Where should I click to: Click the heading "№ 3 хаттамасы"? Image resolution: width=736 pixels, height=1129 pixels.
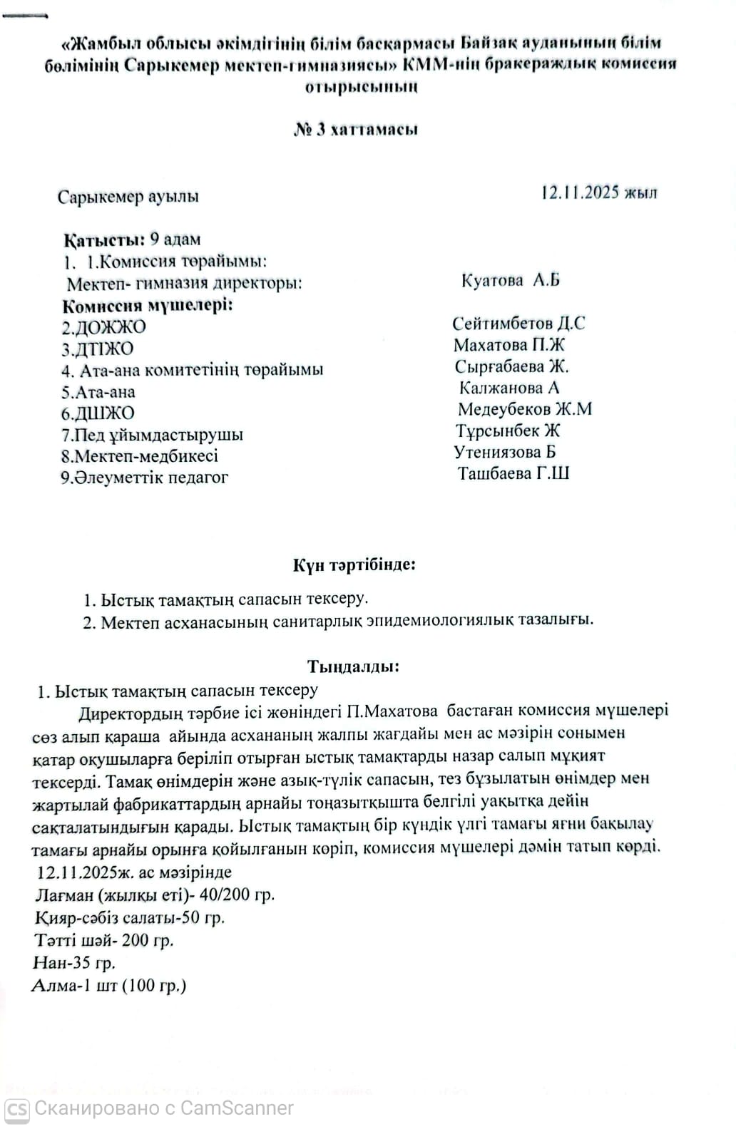356,130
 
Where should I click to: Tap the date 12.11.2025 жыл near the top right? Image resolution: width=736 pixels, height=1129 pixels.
599,192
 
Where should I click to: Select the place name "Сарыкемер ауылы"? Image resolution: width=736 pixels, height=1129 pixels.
128,197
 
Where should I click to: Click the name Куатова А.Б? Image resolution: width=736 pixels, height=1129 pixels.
511,280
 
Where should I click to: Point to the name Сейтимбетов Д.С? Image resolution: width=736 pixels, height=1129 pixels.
518,323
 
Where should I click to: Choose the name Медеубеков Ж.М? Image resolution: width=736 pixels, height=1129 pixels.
524,409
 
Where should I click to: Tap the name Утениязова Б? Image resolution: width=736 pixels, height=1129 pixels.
505,452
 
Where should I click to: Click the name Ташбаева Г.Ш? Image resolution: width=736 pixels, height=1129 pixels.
513,473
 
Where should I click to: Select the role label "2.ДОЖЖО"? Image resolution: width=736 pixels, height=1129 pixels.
103,327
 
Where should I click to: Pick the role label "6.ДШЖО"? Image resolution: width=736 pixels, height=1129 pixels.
98,413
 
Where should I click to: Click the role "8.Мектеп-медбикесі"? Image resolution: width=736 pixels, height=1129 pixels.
140,456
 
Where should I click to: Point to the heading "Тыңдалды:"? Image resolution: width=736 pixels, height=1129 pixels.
354,667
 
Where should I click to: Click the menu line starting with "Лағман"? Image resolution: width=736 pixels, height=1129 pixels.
154,895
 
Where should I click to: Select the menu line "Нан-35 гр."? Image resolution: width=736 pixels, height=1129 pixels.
74,963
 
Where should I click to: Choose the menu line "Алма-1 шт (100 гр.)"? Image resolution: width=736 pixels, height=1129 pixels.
109,986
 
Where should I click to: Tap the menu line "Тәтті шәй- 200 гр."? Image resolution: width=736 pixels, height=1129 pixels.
104,940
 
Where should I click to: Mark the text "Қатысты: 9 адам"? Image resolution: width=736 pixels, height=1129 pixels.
132,239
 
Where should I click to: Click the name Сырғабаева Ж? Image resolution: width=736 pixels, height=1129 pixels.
511,366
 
